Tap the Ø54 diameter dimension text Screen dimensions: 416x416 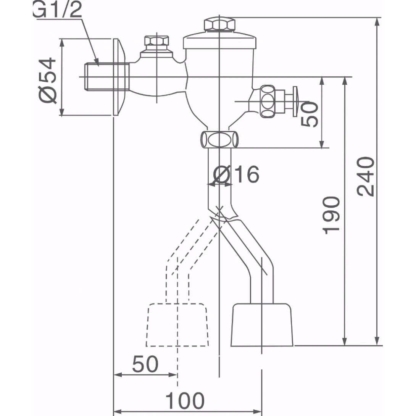48,80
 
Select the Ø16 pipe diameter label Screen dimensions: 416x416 237,175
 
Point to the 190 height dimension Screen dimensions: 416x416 331,214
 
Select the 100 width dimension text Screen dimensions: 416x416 185,400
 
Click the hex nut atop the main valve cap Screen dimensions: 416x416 219,25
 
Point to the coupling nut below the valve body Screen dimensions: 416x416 219,139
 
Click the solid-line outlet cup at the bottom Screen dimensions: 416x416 262,324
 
